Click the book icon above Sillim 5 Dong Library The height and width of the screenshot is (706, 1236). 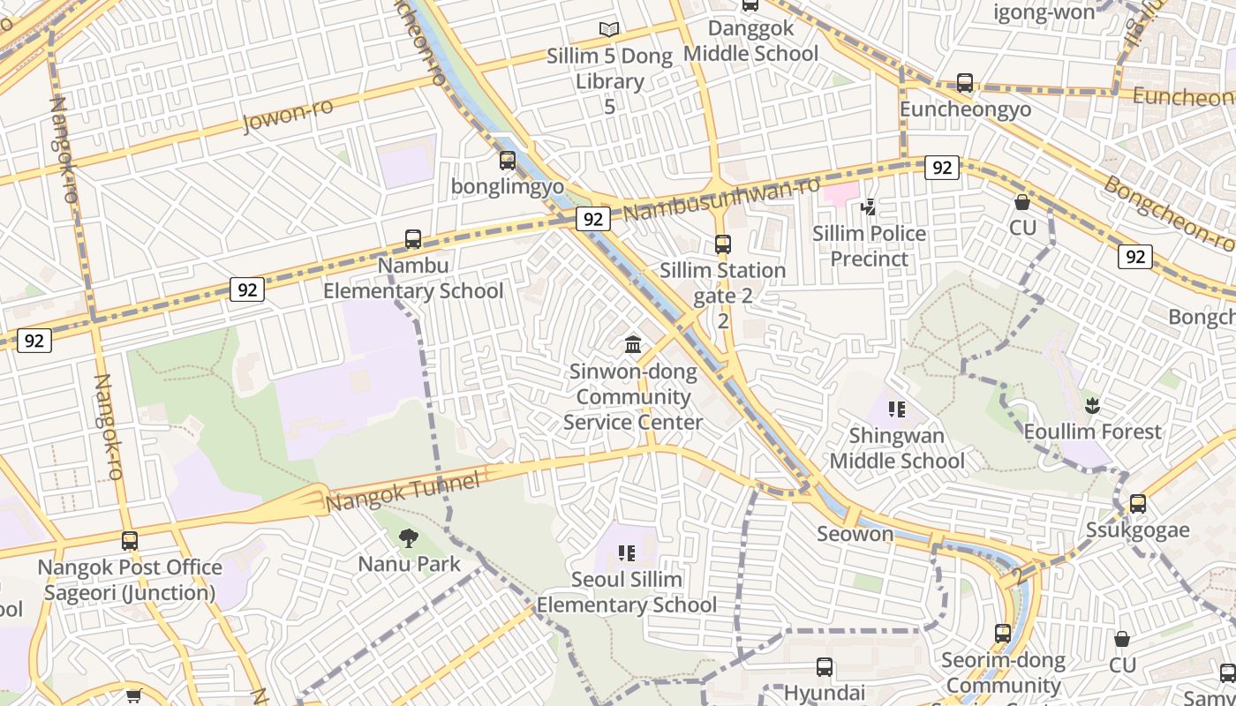609,29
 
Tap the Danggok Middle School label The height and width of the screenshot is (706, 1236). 750,41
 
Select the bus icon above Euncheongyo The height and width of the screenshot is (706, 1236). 965,83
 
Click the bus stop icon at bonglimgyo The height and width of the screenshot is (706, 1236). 508,161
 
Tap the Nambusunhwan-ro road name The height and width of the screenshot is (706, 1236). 720,200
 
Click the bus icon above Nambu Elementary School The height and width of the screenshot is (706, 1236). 413,239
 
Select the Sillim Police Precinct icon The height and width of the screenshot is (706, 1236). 869,207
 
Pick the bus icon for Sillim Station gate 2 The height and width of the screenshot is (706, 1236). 723,244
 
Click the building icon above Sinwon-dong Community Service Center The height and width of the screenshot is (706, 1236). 633,345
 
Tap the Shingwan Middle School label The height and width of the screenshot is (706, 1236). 897,448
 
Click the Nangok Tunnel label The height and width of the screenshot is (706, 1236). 403,492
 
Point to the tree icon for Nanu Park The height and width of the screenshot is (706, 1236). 408,538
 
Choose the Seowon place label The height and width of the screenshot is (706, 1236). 855,534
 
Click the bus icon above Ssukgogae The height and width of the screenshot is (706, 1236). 1138,504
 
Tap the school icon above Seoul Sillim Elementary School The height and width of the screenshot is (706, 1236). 627,553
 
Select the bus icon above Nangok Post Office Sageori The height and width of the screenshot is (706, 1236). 130,541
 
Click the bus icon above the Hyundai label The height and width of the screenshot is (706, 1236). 825,667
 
